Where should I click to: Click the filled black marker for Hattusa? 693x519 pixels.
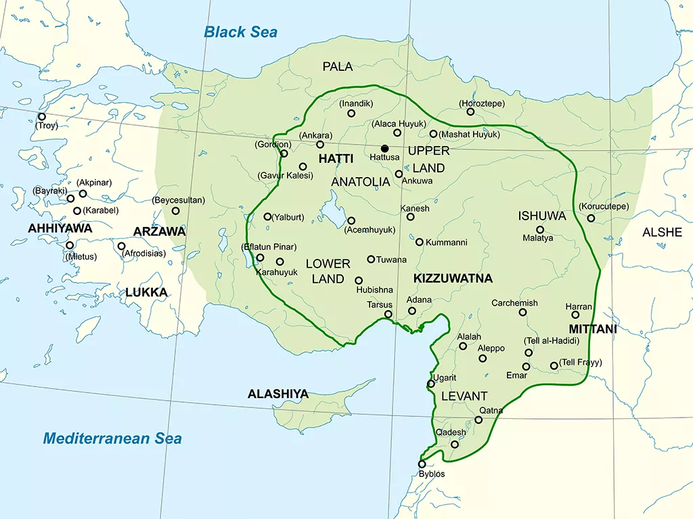point(384,148)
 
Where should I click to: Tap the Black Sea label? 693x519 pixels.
point(241,32)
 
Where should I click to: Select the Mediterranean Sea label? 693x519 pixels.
point(112,439)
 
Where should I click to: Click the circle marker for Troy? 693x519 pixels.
point(42,117)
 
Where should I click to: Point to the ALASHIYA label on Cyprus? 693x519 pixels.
point(278,393)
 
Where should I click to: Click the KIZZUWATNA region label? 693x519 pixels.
point(453,278)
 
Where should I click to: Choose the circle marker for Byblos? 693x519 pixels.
point(422,464)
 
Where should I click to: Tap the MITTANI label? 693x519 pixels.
point(593,329)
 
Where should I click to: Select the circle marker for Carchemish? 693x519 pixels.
point(522,312)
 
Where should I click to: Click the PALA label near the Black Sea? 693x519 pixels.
point(338,66)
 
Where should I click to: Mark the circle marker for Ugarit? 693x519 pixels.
point(430,384)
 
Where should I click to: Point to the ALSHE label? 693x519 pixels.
point(662,232)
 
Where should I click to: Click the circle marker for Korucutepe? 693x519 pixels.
point(591,218)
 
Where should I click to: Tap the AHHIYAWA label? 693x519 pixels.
point(60,228)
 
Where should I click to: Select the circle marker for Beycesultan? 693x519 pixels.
point(175,211)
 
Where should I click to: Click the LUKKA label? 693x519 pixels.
point(146,293)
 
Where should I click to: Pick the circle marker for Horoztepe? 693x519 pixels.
point(470,112)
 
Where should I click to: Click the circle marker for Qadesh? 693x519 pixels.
point(455,444)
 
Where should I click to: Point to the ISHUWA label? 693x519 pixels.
point(542,216)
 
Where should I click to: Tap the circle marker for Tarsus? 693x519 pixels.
point(388,314)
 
